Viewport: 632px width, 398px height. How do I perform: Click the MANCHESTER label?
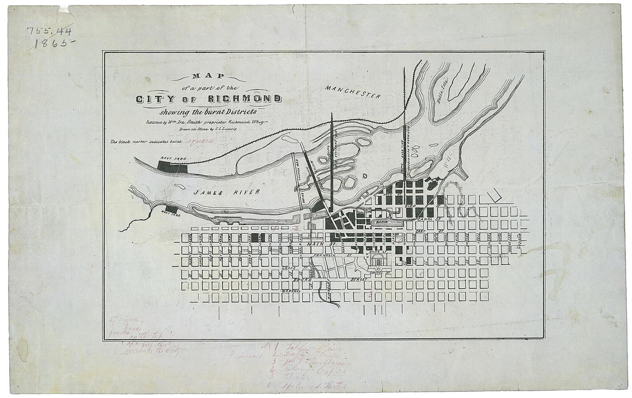click(x=352, y=91)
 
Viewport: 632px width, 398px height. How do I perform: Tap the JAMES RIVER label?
click(x=227, y=192)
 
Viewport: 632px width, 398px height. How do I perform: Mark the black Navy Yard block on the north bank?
click(x=172, y=167)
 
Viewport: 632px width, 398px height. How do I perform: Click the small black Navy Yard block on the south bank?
click(x=171, y=209)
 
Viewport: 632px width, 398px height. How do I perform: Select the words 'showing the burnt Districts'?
click(x=209, y=111)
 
